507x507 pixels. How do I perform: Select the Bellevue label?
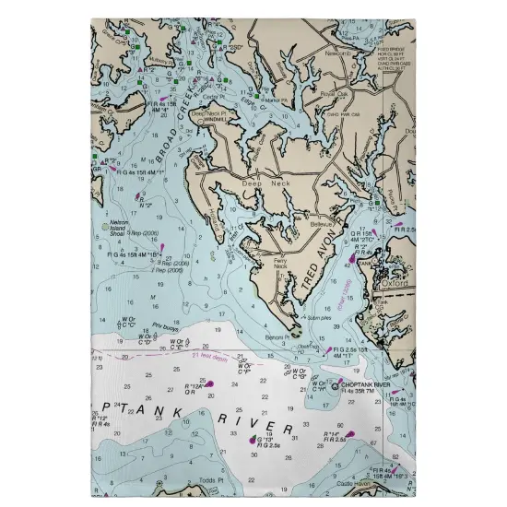(x=320, y=224)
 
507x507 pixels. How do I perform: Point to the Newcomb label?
(x=339, y=53)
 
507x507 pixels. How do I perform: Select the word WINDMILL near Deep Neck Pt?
(x=214, y=120)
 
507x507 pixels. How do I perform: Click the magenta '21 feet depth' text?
(x=209, y=354)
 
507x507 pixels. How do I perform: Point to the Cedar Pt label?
(x=214, y=95)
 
